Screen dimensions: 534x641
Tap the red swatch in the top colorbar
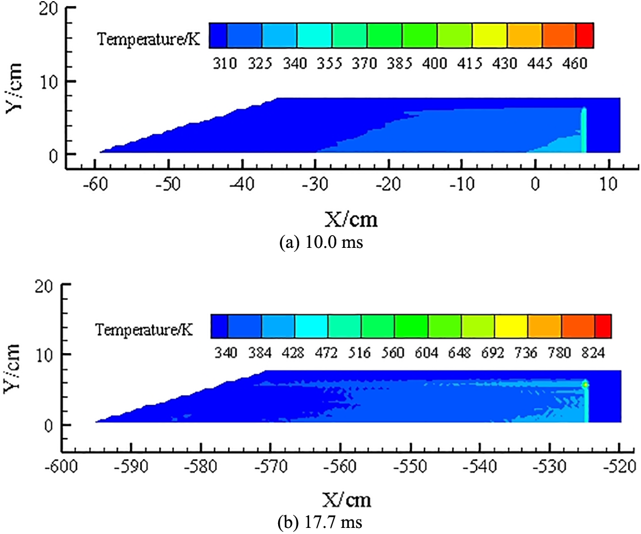(x=585, y=34)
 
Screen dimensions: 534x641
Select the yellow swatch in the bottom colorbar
(x=511, y=326)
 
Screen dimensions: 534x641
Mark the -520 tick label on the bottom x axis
(x=619, y=464)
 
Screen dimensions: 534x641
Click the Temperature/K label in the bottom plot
(x=143, y=330)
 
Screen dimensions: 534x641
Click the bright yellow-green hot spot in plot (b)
(x=585, y=384)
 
